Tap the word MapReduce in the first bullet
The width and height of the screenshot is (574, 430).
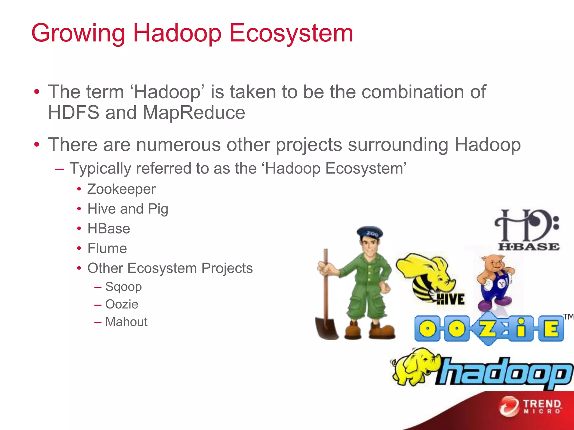tap(194, 113)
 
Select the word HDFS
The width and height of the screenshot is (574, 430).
tap(73, 113)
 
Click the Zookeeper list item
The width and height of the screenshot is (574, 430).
tap(121, 189)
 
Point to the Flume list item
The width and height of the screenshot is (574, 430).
tap(107, 249)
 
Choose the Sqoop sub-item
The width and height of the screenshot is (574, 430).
tap(123, 287)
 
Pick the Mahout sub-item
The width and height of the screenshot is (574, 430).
tap(126, 322)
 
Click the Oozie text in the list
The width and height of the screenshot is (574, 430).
tap(122, 305)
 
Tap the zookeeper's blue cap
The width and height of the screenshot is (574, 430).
tap(370, 232)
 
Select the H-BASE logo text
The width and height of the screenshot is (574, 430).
tap(529, 247)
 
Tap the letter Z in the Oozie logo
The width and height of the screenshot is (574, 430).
tap(488, 328)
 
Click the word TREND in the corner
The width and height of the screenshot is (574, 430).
tap(542, 404)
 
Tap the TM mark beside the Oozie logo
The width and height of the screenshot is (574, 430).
tap(568, 317)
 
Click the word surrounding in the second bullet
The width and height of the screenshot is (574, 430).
tap(398, 145)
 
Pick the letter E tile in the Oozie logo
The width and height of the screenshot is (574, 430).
tap(551, 328)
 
